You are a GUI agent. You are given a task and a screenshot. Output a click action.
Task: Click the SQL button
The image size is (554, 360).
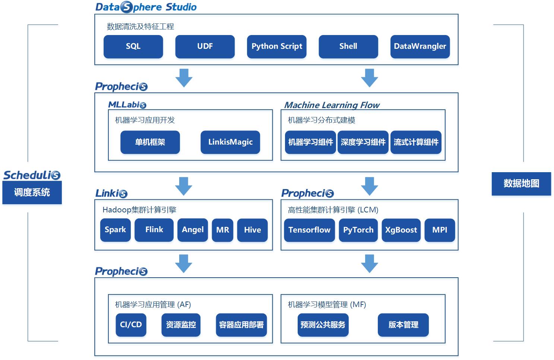click(133, 47)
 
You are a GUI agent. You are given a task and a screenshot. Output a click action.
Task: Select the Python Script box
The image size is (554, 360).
click(276, 47)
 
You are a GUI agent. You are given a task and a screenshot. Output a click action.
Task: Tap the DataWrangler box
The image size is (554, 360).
click(420, 47)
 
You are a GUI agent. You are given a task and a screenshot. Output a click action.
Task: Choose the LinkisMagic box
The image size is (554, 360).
click(230, 142)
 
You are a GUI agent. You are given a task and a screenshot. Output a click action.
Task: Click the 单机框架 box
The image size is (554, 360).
click(150, 142)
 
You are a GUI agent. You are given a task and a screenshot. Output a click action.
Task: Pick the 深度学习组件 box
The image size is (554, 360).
click(363, 142)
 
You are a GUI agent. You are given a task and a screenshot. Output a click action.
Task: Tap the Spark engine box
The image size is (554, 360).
click(115, 230)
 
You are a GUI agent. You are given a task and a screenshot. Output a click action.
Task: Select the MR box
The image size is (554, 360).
click(222, 230)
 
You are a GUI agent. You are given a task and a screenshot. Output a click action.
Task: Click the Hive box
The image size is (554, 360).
click(252, 230)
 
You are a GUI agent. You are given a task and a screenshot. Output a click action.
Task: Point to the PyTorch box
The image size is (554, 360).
click(358, 230)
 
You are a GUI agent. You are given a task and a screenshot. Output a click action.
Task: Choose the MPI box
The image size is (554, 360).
click(440, 230)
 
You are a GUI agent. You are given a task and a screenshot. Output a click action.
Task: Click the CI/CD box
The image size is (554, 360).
click(131, 325)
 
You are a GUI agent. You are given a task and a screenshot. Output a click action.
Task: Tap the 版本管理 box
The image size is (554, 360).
click(403, 325)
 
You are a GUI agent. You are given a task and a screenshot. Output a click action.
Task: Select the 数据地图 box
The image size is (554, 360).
click(521, 184)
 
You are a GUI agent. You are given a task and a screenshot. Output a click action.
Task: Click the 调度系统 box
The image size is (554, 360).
click(32, 193)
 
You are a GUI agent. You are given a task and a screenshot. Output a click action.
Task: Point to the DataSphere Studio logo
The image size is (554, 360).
click(146, 7)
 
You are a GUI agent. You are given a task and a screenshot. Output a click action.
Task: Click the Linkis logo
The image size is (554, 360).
click(111, 193)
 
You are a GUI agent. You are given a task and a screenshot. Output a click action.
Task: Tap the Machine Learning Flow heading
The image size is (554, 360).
click(332, 105)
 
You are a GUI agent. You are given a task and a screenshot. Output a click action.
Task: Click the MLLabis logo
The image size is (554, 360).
click(127, 105)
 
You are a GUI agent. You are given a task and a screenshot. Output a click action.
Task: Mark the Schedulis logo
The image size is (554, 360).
click(32, 175)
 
